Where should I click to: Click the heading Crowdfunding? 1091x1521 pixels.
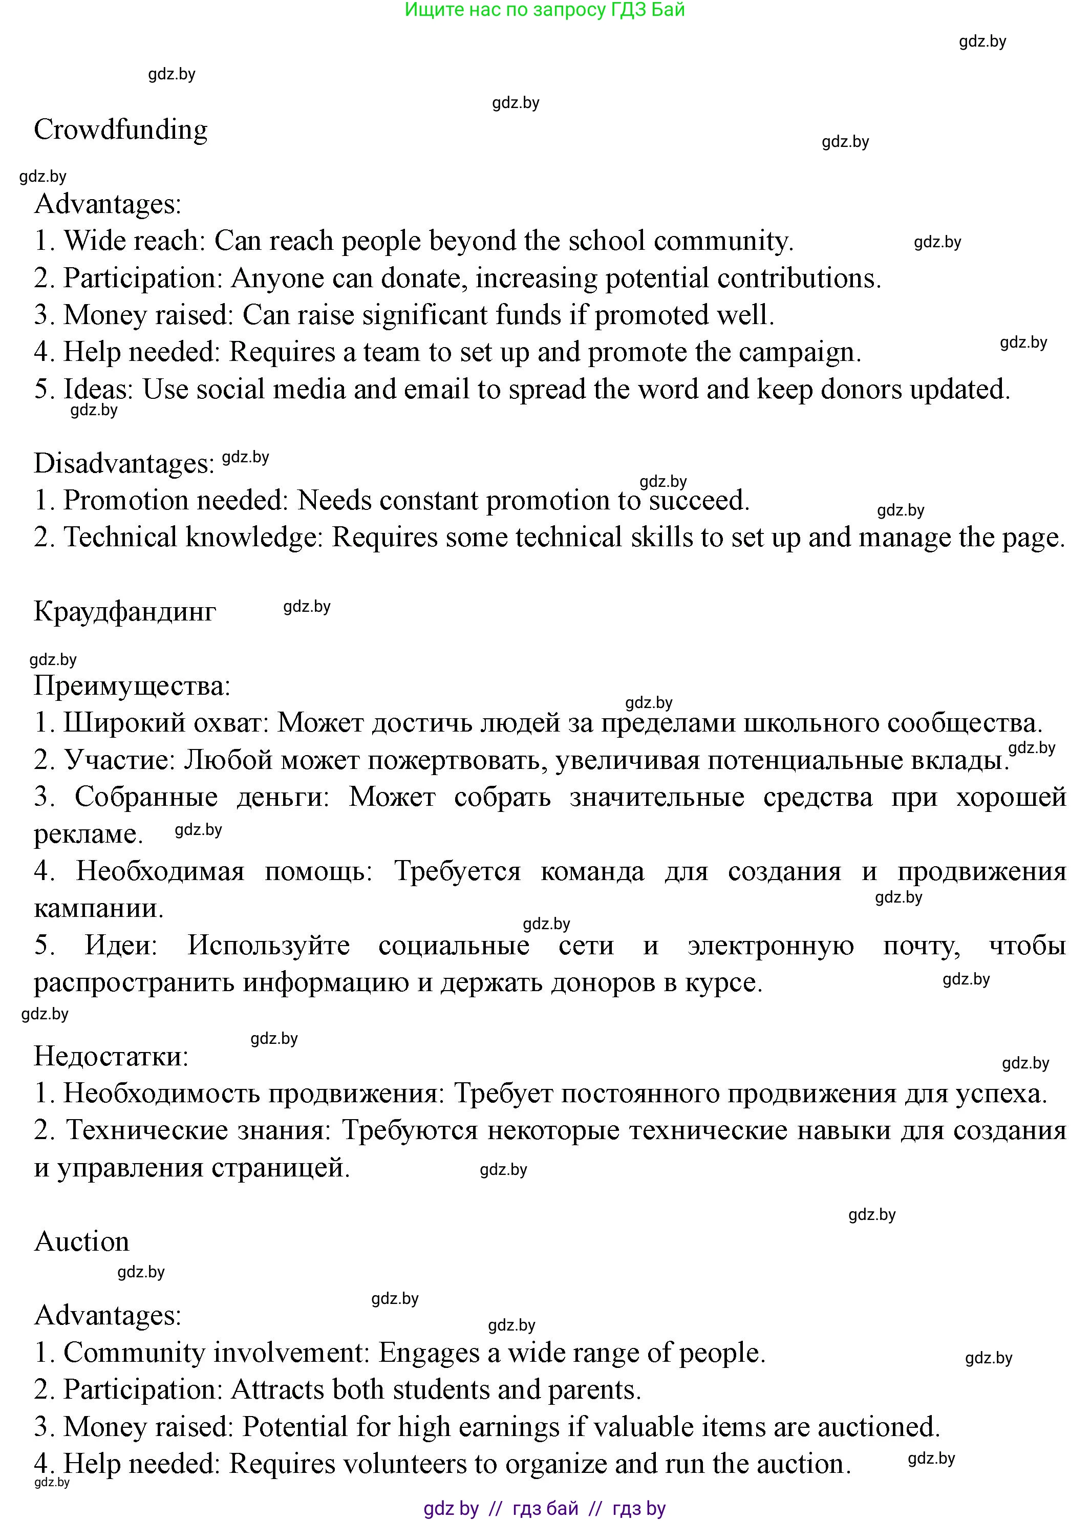tap(121, 130)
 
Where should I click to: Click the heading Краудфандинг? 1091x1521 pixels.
tap(125, 611)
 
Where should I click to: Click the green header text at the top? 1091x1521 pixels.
tap(545, 10)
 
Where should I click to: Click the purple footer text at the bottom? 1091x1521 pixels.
tap(545, 1509)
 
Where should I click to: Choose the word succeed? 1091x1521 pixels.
tap(695, 500)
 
